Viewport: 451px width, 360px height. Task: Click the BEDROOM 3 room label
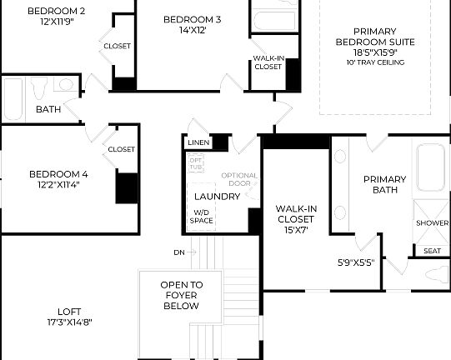click(192, 19)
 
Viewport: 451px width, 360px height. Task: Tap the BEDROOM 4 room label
click(58, 174)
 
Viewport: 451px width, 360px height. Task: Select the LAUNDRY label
click(217, 197)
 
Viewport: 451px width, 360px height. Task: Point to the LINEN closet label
click(198, 143)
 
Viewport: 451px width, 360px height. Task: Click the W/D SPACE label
click(202, 217)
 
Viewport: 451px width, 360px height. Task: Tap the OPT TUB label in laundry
click(196, 163)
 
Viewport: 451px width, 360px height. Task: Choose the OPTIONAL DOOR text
click(239, 179)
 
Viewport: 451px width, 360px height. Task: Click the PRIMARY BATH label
click(384, 184)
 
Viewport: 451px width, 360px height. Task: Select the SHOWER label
click(432, 223)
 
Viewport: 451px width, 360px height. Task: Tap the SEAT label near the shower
click(432, 251)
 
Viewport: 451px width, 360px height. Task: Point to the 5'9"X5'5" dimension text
click(355, 262)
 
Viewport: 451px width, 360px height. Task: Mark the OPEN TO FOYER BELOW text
click(181, 295)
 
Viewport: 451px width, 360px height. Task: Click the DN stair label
click(178, 252)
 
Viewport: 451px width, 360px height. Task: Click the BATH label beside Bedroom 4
click(48, 109)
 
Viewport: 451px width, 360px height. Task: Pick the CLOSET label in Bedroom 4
click(121, 149)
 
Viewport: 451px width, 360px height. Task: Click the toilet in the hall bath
click(38, 86)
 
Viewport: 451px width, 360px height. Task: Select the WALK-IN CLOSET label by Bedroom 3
click(268, 62)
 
